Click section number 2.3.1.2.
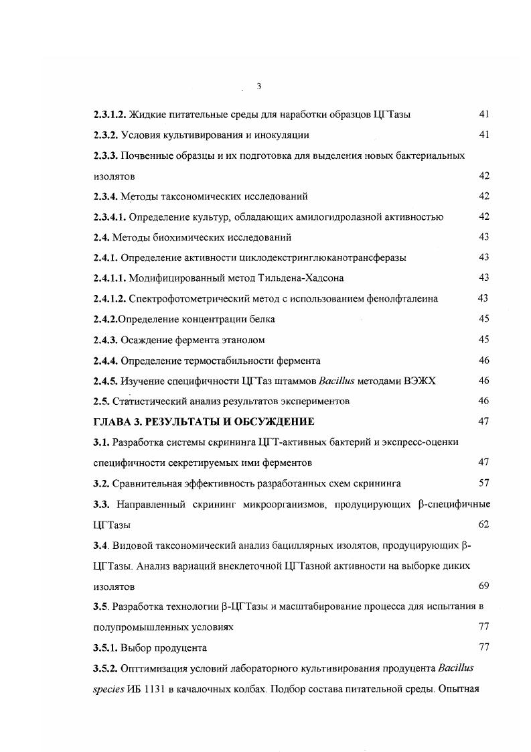[110, 115]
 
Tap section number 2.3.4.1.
[110, 217]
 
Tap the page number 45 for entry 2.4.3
[484, 340]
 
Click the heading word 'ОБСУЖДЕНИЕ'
[267, 422]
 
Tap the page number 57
[484, 483]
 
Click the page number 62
[484, 524]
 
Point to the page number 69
[484, 586]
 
